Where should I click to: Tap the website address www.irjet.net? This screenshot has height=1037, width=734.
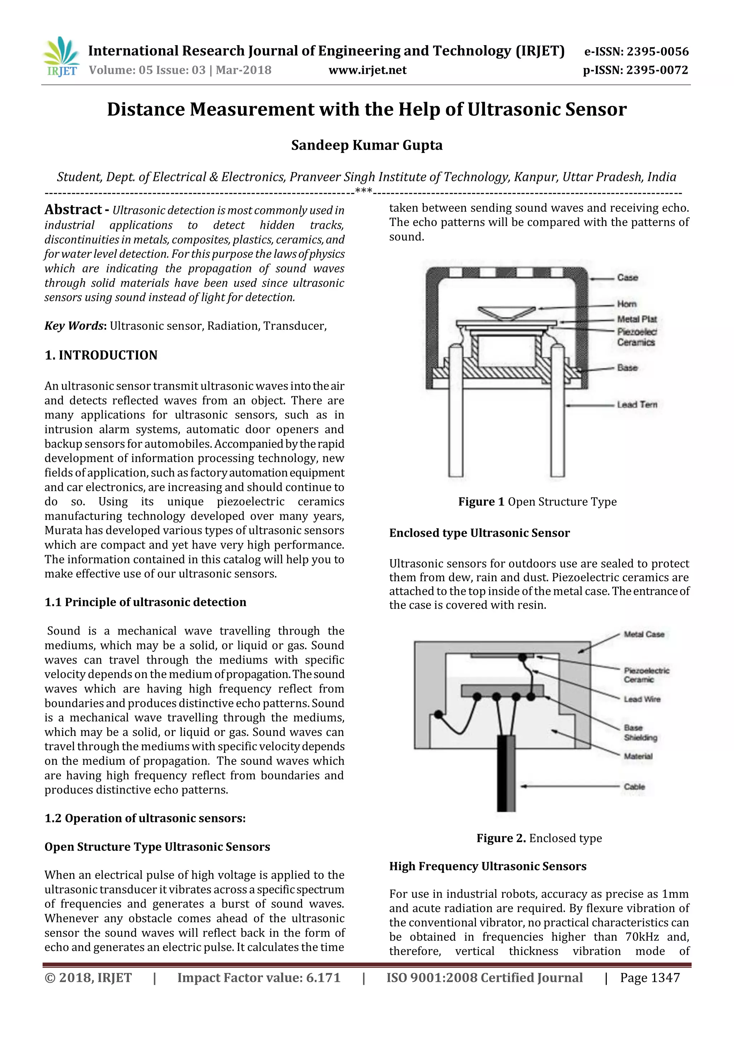pyautogui.click(x=367, y=71)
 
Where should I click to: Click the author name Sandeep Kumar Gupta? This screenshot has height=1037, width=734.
pyautogui.click(x=367, y=145)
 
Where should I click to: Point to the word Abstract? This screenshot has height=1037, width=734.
pyautogui.click(x=73, y=209)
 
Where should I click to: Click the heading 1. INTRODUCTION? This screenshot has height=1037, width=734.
pyautogui.click(x=101, y=355)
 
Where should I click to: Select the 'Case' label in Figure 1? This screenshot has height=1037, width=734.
pyautogui.click(x=627, y=277)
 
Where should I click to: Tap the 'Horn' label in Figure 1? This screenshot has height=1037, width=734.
pyautogui.click(x=627, y=304)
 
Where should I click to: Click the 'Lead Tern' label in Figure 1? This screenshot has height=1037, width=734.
pyautogui.click(x=637, y=404)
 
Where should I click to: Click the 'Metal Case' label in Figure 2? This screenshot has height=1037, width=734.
pyautogui.click(x=644, y=634)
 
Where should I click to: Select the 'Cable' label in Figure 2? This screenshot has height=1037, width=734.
pyautogui.click(x=634, y=786)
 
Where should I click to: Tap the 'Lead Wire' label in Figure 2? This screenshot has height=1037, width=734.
pyautogui.click(x=642, y=699)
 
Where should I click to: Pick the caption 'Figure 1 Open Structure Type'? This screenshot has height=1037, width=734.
pyautogui.click(x=537, y=502)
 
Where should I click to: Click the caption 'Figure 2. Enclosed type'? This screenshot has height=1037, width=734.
pyautogui.click(x=539, y=838)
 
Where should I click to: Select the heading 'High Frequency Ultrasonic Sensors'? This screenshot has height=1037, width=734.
pyautogui.click(x=488, y=866)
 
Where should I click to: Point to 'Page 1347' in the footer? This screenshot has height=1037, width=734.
pyautogui.click(x=649, y=978)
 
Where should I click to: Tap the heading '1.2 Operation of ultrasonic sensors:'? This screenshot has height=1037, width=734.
pyautogui.click(x=145, y=819)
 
